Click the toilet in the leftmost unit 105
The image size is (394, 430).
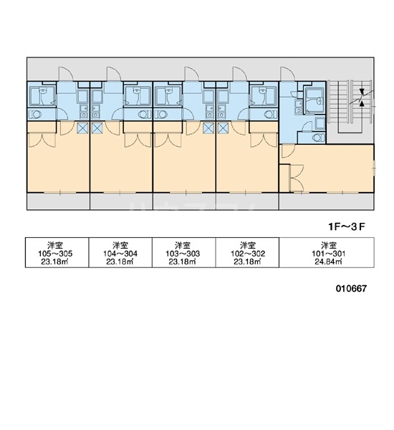pos(35,114)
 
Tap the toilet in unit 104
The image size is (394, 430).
pos(144,114)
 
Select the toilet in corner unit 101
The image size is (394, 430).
pos(318,137)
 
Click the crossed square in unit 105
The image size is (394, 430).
pos(82,128)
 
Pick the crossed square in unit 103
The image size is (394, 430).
pos(208,128)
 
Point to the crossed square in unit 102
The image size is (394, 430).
pos(224,128)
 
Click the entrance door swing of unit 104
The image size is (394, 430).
pos(113,74)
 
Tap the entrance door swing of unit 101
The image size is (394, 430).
pos(287,74)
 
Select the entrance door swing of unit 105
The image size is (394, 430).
pos(66,74)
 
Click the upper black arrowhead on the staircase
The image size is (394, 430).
pos(362,92)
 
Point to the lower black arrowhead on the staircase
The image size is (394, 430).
pos(362,103)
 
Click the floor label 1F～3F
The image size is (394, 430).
pos(347,226)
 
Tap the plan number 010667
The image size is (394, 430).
pos(351,289)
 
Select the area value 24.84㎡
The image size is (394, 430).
pos(328,262)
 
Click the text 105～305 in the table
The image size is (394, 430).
pos(55,254)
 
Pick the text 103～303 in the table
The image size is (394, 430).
pos(183,254)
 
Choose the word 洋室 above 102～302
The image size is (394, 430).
pos(248,245)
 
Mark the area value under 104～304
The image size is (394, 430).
pos(120,262)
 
